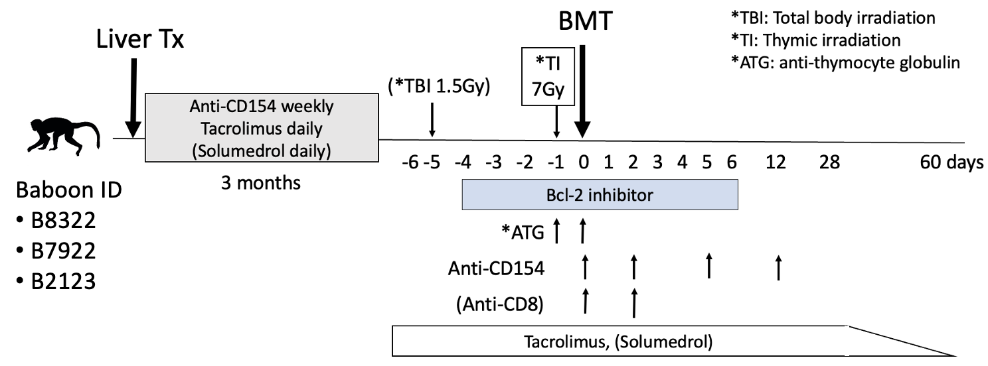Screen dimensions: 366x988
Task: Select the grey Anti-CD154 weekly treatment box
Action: (261, 127)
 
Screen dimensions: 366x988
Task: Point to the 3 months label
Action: (260, 181)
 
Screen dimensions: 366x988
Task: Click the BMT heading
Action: (583, 26)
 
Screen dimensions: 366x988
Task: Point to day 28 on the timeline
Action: (829, 162)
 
